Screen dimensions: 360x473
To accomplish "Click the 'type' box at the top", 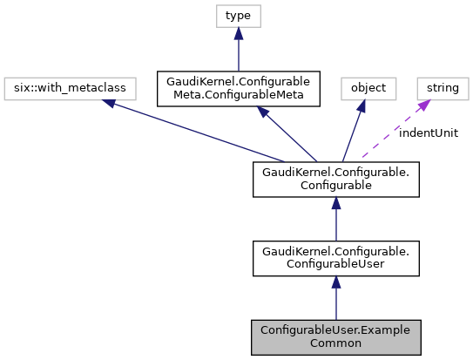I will point(239,16).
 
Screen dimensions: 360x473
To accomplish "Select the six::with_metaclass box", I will point(54,88).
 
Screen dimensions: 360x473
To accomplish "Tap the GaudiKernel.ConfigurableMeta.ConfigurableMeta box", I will point(239,88).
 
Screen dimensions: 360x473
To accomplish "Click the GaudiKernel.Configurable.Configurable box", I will point(336,178).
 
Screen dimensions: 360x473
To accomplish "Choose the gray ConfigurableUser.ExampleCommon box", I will point(336,336).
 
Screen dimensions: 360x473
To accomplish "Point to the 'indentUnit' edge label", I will point(428,132).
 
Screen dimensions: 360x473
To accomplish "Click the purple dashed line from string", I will point(392,131).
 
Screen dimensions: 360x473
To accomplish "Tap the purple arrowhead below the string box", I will point(425,105).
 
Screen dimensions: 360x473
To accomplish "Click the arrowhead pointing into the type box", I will point(239,33).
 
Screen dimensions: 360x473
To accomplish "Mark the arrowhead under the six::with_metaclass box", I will point(108,104).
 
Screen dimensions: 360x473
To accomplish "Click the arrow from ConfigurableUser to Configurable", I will point(336,218).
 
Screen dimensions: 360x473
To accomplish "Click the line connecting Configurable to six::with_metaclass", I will point(200,133).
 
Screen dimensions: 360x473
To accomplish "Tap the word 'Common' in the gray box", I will point(336,343).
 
